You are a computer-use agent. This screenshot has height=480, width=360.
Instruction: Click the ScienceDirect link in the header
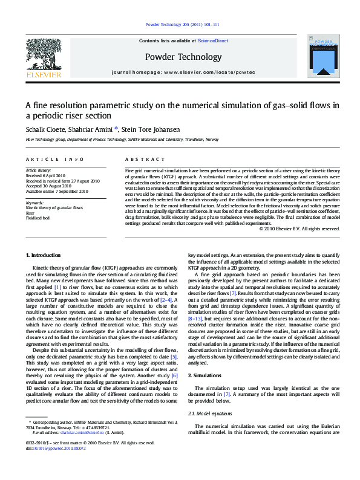coord(213,41)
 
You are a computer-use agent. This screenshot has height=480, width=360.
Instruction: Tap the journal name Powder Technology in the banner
coord(183,57)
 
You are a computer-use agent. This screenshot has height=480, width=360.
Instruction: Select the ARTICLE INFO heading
coord(55,159)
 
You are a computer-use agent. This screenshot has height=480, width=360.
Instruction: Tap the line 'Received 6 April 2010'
coord(47,176)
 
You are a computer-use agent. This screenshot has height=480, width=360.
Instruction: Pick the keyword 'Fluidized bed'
coord(38,218)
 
